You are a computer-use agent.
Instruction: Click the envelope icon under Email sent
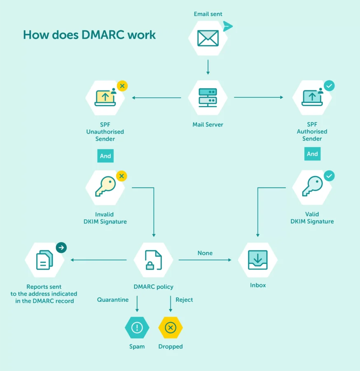[208, 38]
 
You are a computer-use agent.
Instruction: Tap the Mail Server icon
[208, 97]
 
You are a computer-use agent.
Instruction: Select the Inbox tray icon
[258, 260]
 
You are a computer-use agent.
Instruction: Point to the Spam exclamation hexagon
[137, 328]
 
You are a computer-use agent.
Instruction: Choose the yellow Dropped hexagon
[171, 328]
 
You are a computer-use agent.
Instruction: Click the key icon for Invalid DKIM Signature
[105, 187]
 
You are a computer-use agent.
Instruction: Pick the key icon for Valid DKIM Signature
[312, 187]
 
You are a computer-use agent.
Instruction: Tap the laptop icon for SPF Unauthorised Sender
[105, 97]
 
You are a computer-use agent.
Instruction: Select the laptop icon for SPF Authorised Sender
[312, 97]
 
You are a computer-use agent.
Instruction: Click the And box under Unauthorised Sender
[105, 156]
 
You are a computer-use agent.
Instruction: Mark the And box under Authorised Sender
[312, 154]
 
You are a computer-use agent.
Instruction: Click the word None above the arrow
[205, 253]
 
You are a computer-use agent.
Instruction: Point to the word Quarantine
[113, 300]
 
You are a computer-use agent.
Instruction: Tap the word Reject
[184, 300]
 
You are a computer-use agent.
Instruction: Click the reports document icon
[44, 260]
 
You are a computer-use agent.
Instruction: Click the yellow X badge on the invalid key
[122, 176]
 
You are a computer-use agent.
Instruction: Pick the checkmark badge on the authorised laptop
[329, 86]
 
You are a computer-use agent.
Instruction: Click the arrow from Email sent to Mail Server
[208, 67]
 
